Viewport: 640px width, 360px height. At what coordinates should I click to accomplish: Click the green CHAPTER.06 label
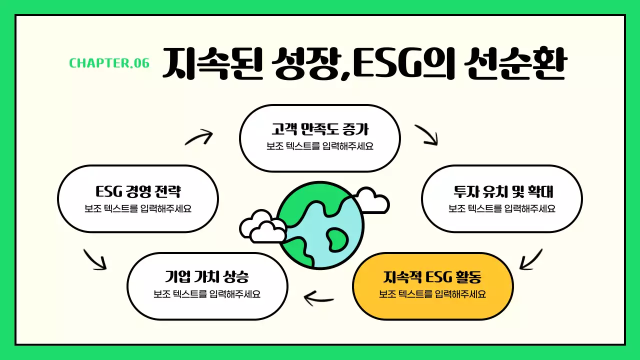109,63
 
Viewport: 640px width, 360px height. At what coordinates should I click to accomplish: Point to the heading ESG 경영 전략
138,191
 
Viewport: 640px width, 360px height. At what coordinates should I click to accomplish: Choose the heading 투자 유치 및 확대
502,191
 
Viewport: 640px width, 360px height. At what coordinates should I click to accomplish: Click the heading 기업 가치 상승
207,276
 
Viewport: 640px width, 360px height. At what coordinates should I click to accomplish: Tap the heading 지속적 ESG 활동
433,276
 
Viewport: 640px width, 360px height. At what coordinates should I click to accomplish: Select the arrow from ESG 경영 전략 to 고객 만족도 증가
198,136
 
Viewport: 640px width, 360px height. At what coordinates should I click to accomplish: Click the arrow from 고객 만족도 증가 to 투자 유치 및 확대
426,134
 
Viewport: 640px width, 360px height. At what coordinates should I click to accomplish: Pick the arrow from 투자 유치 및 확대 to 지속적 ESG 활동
530,258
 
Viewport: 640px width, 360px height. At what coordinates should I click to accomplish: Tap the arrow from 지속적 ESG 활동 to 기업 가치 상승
319,298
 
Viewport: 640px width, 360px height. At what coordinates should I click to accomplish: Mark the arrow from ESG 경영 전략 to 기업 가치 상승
94,258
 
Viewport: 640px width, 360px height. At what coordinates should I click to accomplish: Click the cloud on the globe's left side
261,227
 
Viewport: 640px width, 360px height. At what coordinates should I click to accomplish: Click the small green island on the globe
335,238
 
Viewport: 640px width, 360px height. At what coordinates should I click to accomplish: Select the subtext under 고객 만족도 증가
320,146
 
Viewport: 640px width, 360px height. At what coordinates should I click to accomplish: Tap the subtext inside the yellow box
433,294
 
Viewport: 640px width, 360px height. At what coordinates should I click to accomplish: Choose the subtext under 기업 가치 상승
207,294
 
